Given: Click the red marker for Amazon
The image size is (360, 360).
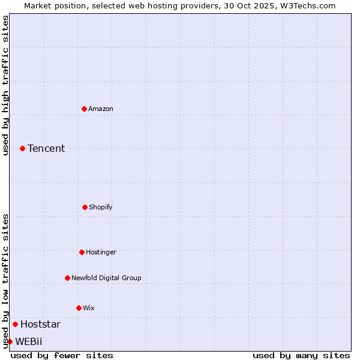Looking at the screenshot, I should (85, 109).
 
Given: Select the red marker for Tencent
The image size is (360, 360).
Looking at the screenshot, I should (22, 148).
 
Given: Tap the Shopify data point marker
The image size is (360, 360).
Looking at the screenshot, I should (85, 207).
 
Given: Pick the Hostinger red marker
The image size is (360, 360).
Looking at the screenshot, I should (82, 252).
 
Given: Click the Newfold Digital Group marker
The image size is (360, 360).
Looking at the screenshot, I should (67, 278).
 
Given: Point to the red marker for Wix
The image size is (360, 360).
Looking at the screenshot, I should (79, 308).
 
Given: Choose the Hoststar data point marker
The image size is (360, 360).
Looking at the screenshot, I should (15, 324).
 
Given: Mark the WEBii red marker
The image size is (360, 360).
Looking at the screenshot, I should (10, 341).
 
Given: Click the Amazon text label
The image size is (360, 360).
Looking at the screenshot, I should (101, 109).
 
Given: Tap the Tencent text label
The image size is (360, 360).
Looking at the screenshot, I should (46, 148).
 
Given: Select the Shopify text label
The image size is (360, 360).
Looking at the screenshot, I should (101, 207).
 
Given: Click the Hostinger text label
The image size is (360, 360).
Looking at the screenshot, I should (101, 252).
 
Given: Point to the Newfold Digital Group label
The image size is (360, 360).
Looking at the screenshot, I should (106, 278).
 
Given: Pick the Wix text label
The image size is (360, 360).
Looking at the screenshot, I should (89, 308).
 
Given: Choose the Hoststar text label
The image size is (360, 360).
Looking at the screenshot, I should (40, 324).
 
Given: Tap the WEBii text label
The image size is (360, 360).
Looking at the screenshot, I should (29, 341).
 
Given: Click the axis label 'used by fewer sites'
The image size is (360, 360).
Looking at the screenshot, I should (62, 355).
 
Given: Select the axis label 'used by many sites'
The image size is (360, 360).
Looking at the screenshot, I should (301, 355).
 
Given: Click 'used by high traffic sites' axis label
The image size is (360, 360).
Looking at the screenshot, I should (5, 85).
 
